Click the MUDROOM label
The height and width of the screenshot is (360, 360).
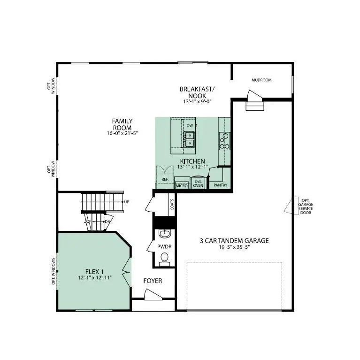pyautogui.click(x=261, y=80)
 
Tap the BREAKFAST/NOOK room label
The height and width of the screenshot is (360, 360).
pyautogui.click(x=197, y=92)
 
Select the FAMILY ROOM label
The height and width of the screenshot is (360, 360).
pyautogui.click(x=122, y=124)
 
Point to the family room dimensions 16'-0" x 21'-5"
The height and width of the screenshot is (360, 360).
pyautogui.click(x=122, y=133)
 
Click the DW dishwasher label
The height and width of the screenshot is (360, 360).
pyautogui.click(x=190, y=126)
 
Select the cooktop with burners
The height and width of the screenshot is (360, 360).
pyautogui.click(x=224, y=141)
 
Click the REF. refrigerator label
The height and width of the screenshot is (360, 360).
pyautogui.click(x=165, y=179)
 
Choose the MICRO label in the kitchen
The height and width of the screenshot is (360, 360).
pyautogui.click(x=182, y=186)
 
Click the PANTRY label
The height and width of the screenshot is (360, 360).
pyautogui.click(x=220, y=185)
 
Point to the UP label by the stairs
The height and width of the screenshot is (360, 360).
pyautogui.click(x=127, y=202)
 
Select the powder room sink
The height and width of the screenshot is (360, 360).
pyautogui.click(x=164, y=233)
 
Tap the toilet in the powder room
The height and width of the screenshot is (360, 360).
pyautogui.click(x=164, y=258)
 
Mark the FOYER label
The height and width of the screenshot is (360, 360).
pyautogui.click(x=153, y=281)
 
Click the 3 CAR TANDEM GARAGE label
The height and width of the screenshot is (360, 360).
pyautogui.click(x=234, y=241)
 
